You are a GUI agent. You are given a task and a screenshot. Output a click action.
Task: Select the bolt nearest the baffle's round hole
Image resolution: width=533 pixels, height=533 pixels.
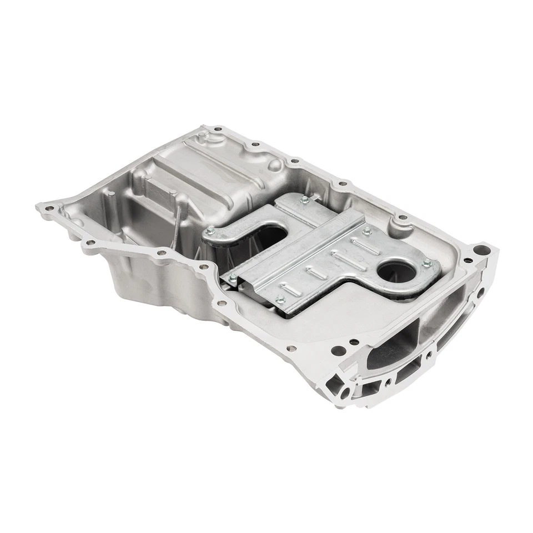(426, 263)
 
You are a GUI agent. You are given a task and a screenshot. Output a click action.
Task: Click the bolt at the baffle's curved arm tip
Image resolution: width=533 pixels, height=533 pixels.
(209, 232)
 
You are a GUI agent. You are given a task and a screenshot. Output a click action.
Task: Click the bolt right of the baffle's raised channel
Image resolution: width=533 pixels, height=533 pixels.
(366, 229)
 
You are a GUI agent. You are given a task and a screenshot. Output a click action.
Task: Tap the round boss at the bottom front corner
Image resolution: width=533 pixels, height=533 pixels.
(346, 393)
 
